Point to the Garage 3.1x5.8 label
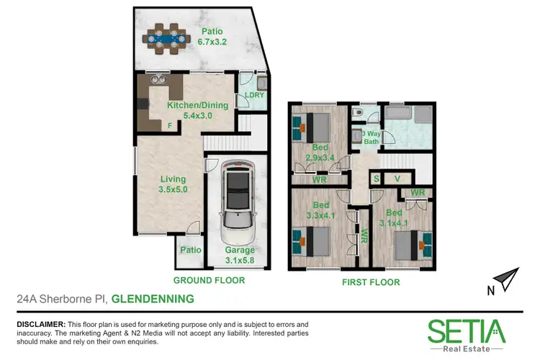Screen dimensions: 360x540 pyautogui.click(x=236, y=256)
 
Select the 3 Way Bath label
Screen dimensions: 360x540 pyautogui.click(x=370, y=137)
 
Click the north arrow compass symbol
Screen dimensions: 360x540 pyautogui.click(x=503, y=279)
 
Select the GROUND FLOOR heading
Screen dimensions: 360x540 pyautogui.click(x=210, y=280)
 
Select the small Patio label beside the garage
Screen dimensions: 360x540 pyautogui.click(x=189, y=251)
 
